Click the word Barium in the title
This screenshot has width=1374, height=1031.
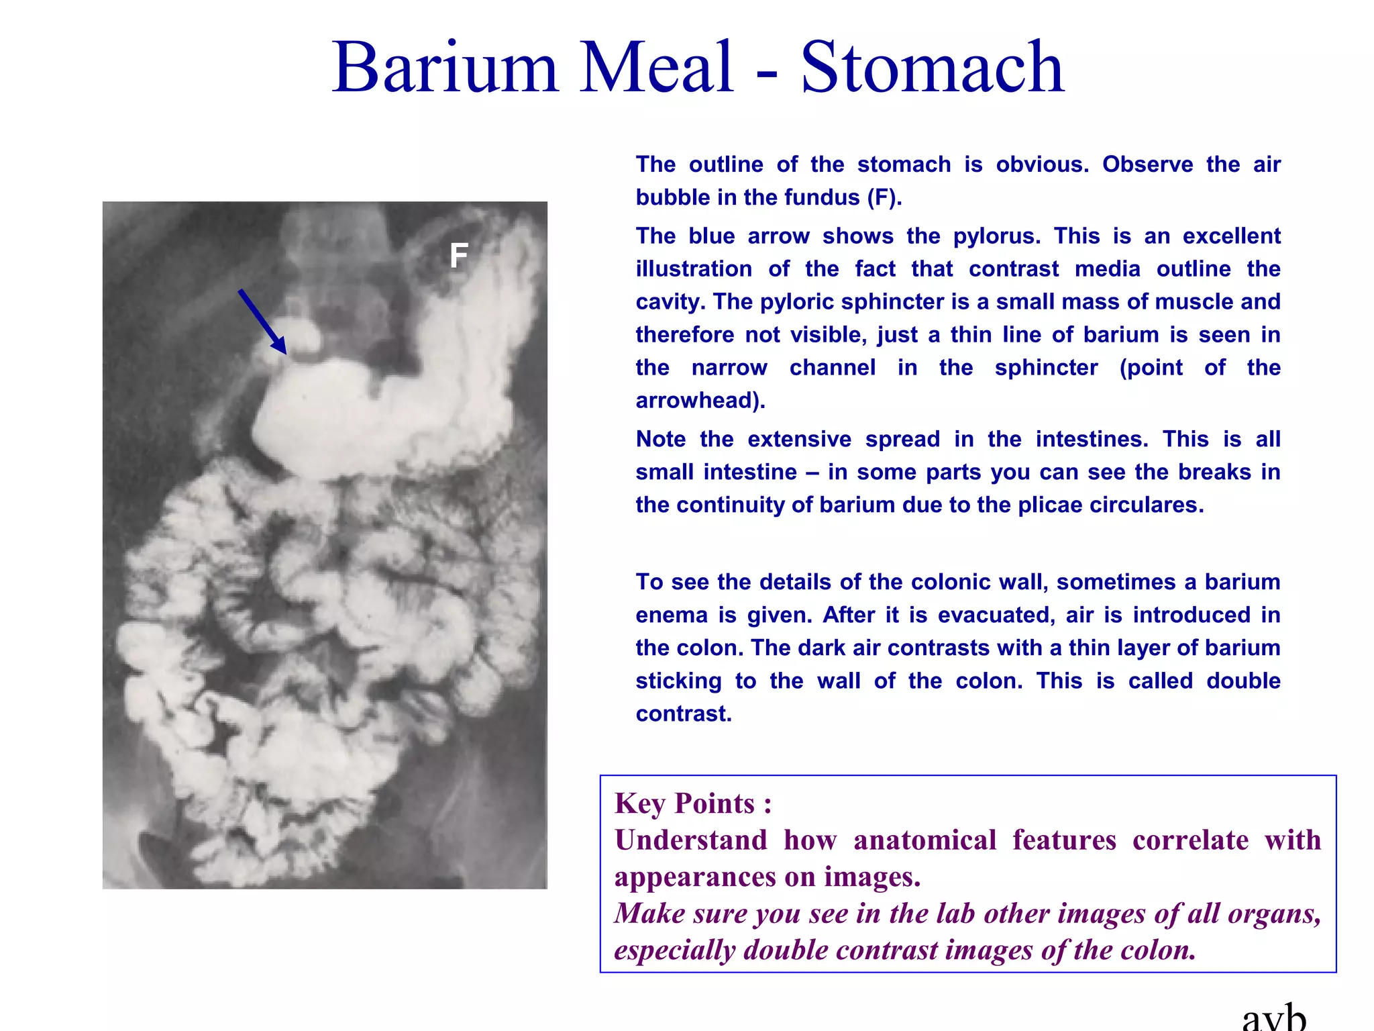click(445, 67)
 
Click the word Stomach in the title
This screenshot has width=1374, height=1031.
click(933, 67)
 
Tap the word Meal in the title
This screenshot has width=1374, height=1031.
click(656, 67)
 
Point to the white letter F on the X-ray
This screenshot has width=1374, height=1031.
click(459, 256)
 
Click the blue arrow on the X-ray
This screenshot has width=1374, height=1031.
click(262, 322)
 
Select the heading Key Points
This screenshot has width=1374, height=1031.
click(693, 803)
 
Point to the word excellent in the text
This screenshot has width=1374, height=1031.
click(1232, 236)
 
